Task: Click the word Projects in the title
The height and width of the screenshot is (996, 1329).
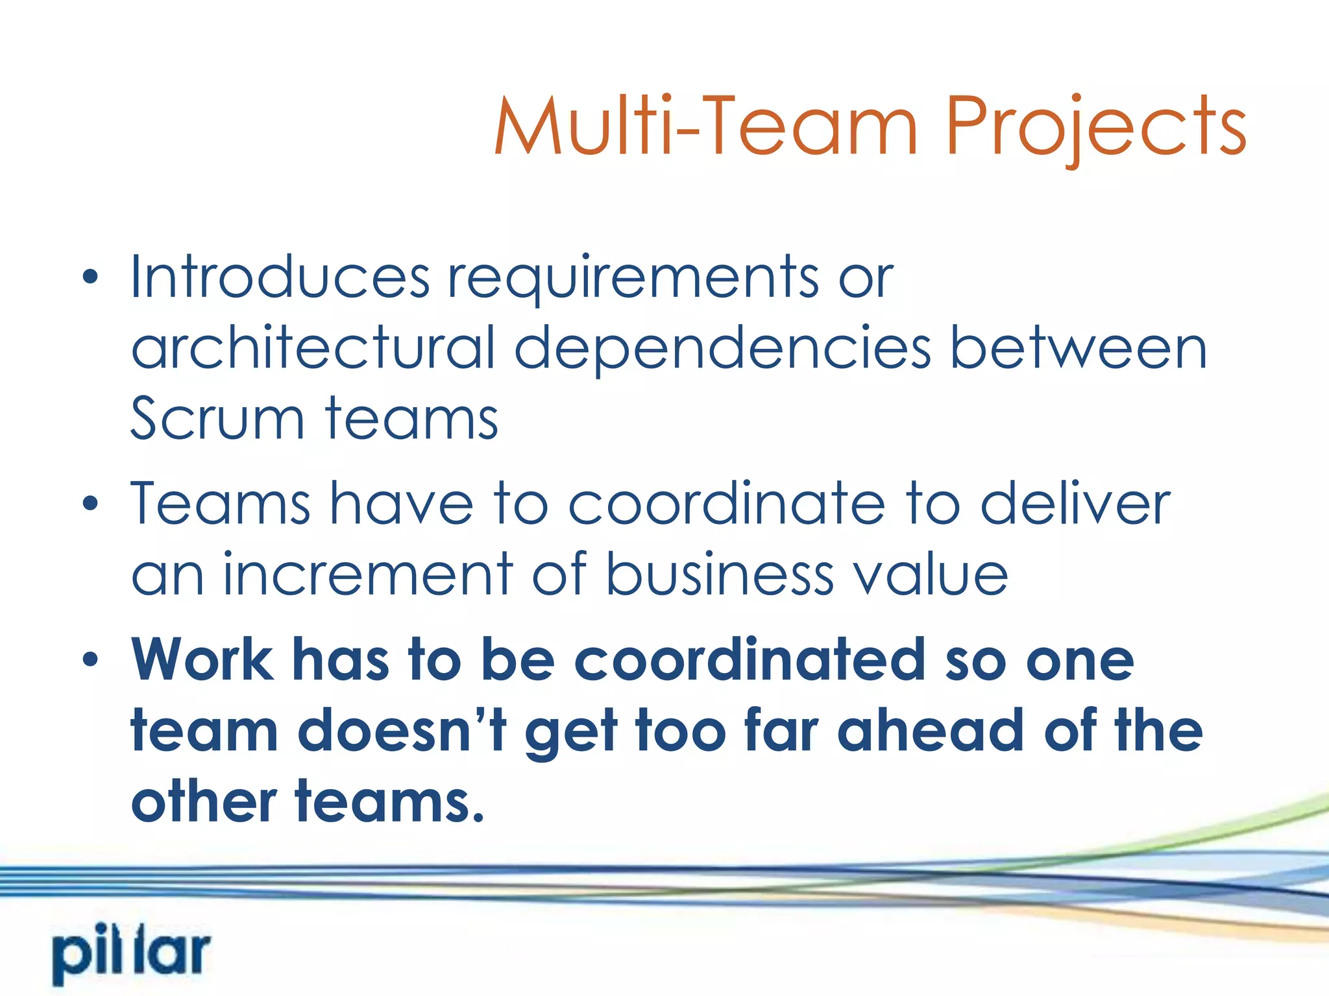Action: pyautogui.click(x=1095, y=128)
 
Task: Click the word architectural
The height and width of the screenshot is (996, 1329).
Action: pyautogui.click(x=313, y=348)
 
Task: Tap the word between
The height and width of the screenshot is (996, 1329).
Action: pyautogui.click(x=1078, y=348)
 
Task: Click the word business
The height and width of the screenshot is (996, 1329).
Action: pyautogui.click(x=720, y=575)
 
